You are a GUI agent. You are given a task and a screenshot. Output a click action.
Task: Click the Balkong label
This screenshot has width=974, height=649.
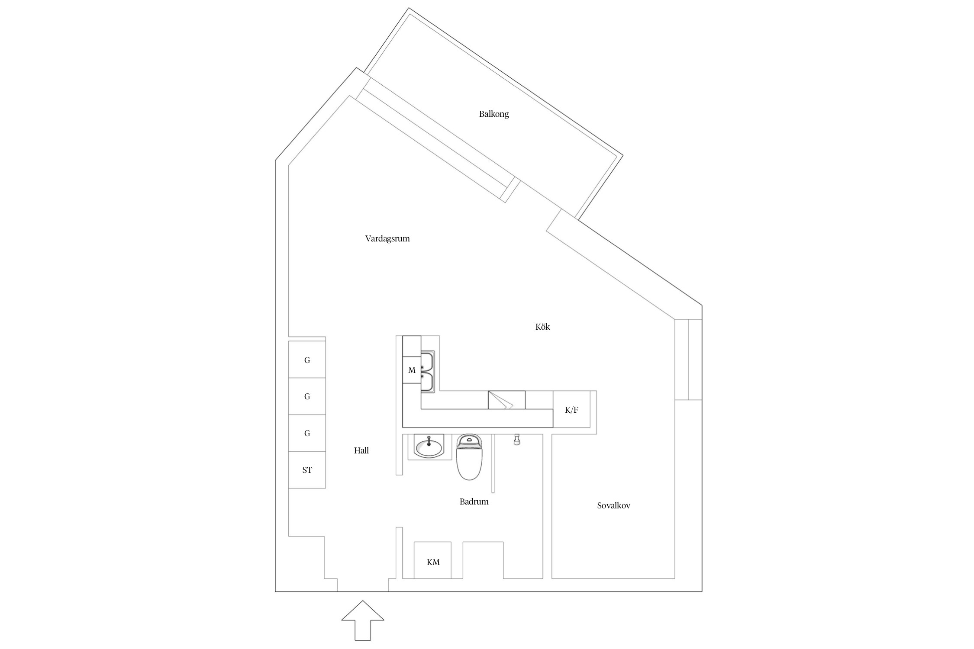click(x=493, y=114)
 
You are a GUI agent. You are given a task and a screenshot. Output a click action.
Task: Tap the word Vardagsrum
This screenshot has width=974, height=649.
click(x=387, y=238)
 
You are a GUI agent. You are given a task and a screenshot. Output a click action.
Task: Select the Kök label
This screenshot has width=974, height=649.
click(x=542, y=327)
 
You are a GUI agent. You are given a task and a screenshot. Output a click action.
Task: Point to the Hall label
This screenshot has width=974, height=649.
click(x=361, y=450)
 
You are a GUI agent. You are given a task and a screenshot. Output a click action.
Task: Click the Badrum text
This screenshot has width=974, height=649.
click(x=474, y=501)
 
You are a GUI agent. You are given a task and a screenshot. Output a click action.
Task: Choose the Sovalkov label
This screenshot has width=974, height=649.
click(x=613, y=505)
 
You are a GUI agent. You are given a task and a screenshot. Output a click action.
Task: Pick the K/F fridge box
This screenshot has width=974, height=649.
click(x=571, y=410)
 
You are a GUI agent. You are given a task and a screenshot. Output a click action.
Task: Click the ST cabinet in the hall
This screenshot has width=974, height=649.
click(x=307, y=470)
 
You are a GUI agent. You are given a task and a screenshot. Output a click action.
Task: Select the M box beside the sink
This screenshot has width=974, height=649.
click(x=412, y=370)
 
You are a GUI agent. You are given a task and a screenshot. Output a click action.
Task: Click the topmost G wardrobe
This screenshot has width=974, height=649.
click(x=307, y=360)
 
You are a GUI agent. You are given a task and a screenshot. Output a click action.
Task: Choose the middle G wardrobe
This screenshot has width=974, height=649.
click(x=307, y=396)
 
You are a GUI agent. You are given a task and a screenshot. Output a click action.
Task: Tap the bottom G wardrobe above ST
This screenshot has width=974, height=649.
click(x=307, y=433)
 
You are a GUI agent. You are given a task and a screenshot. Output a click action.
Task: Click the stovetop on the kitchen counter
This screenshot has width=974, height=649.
click(x=506, y=400)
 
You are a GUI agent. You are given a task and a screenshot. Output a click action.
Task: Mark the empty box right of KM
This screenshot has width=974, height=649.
click(x=483, y=560)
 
